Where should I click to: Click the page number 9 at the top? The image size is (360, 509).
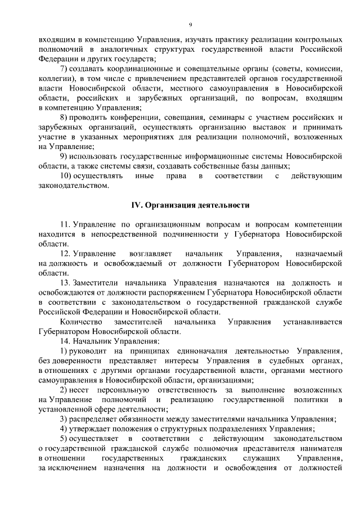(191, 24)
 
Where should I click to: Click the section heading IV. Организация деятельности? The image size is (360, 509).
(191, 206)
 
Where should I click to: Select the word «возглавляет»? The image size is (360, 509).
(153, 254)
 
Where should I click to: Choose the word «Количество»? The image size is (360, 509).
(80, 322)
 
